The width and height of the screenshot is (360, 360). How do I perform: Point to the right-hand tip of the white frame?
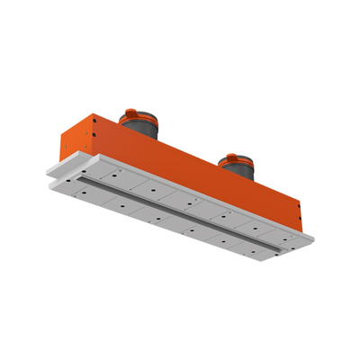coord(311,236)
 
